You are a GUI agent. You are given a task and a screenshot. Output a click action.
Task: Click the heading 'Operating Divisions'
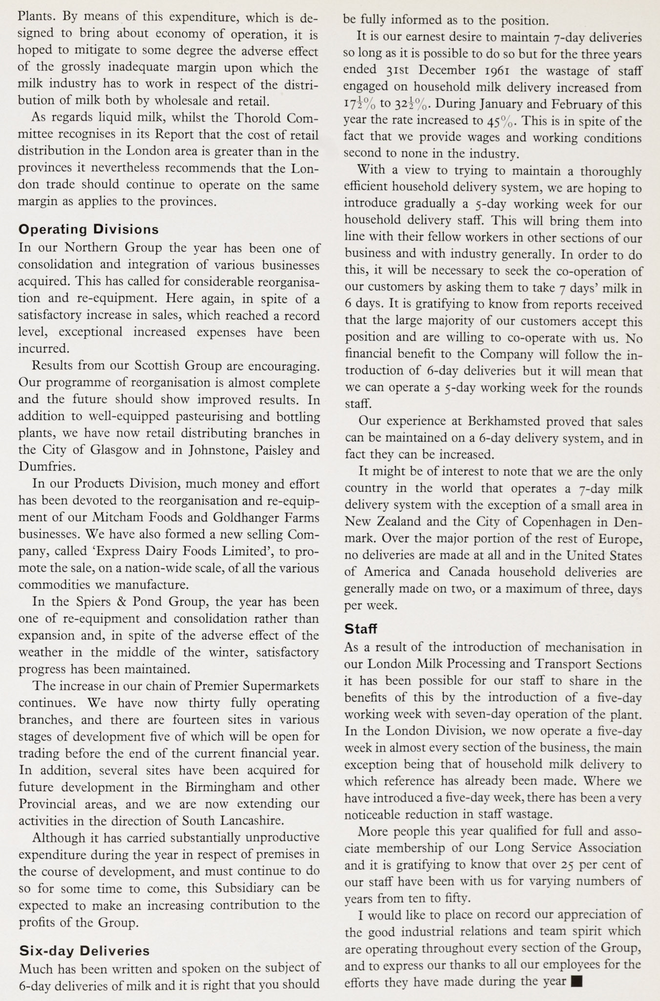click(88, 229)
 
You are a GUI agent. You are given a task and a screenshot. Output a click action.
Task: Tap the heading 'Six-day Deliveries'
click(84, 951)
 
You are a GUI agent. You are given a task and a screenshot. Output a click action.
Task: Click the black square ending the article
click(577, 981)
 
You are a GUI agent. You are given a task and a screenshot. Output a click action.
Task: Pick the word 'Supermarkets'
click(279, 686)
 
